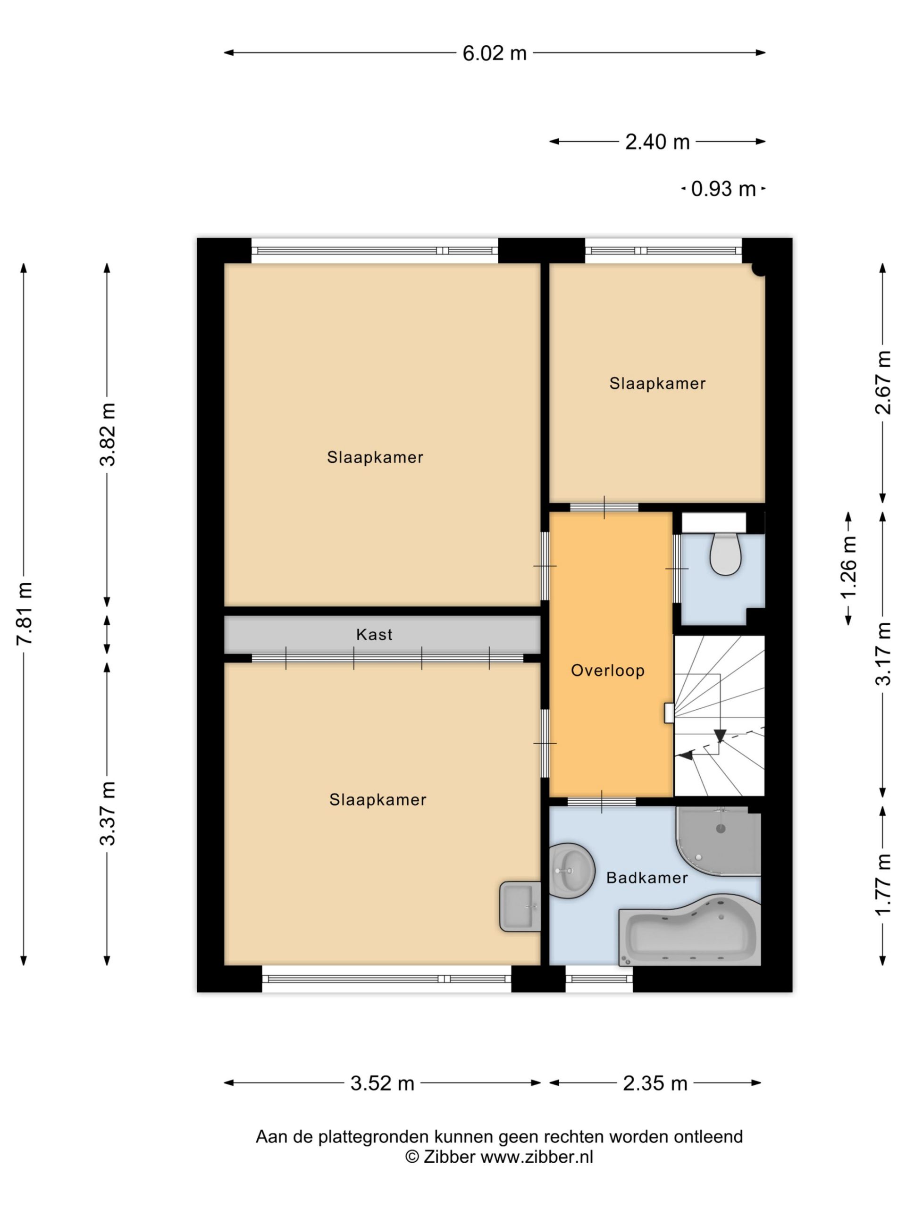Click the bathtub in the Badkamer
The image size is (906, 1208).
pyautogui.click(x=689, y=930)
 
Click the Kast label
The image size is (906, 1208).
pyautogui.click(x=374, y=635)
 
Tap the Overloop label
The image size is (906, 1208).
pyautogui.click(x=608, y=670)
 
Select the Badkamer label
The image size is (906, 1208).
pyautogui.click(x=647, y=878)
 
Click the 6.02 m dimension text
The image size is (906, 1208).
pyautogui.click(x=494, y=53)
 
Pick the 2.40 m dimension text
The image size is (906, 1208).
pyautogui.click(x=657, y=142)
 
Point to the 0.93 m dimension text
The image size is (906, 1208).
pyautogui.click(x=723, y=189)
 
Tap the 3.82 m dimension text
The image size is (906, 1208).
pyautogui.click(x=108, y=435)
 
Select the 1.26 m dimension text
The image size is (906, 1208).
pyautogui.click(x=848, y=569)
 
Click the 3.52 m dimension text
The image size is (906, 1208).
pyautogui.click(x=382, y=1083)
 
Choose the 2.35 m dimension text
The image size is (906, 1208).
pyautogui.click(x=655, y=1083)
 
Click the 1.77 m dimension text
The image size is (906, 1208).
pyautogui.click(x=883, y=885)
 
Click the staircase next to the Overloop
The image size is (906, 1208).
pyautogui.click(x=720, y=715)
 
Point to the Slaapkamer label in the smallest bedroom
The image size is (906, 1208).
pyautogui.click(x=657, y=383)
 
